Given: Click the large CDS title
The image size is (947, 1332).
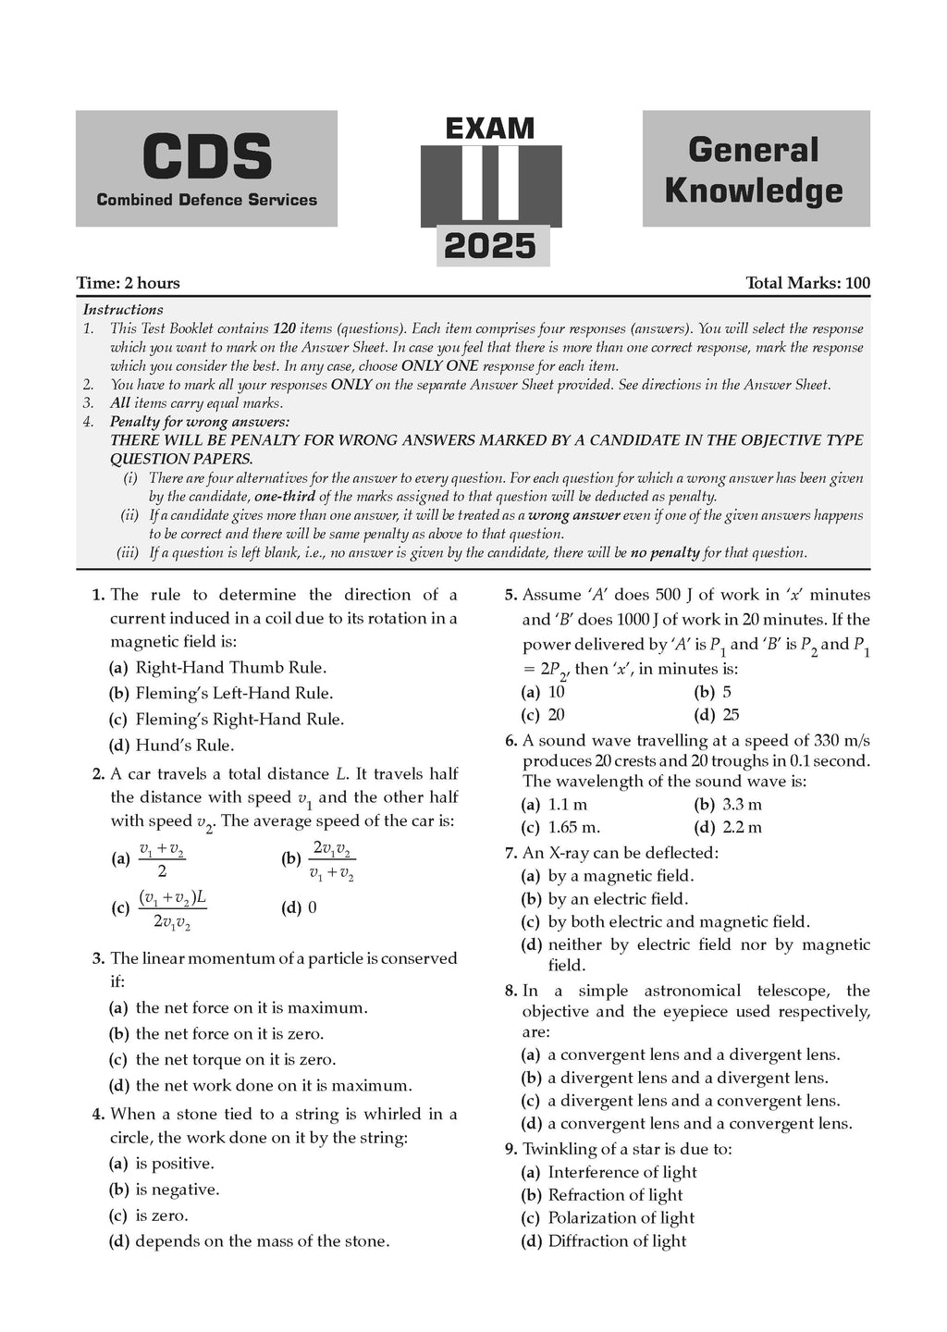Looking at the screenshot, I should click(x=206, y=156).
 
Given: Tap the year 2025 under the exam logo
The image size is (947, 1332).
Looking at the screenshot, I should click(x=490, y=246).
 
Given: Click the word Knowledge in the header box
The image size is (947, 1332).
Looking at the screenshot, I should click(x=754, y=190).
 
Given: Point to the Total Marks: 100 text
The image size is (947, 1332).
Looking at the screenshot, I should click(x=807, y=283).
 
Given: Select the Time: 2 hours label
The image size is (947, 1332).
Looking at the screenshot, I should click(x=129, y=283).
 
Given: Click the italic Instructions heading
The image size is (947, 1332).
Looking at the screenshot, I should click(x=123, y=310).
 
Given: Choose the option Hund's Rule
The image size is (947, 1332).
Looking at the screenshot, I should click(x=184, y=745).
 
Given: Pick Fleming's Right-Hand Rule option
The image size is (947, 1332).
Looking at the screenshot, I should click(x=239, y=719).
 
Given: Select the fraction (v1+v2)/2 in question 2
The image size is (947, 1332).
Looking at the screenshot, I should click(x=162, y=859).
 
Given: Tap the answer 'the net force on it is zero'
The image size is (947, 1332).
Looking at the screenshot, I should click(x=229, y=1033).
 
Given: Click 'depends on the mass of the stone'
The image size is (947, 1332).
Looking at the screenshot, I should click(x=262, y=1241).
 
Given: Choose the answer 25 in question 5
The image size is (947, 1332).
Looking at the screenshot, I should click(x=730, y=714).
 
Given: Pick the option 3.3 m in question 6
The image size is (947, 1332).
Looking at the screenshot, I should click(x=741, y=805).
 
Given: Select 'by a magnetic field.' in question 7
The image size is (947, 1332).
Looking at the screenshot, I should click(x=621, y=875).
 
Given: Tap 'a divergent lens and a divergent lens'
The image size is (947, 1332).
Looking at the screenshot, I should click(x=687, y=1078).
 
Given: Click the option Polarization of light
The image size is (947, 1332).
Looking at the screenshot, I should click(x=621, y=1218).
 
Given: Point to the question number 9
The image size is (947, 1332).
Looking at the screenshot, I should click(x=510, y=1149).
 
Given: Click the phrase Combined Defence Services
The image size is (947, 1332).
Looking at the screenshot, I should click(x=206, y=200).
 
